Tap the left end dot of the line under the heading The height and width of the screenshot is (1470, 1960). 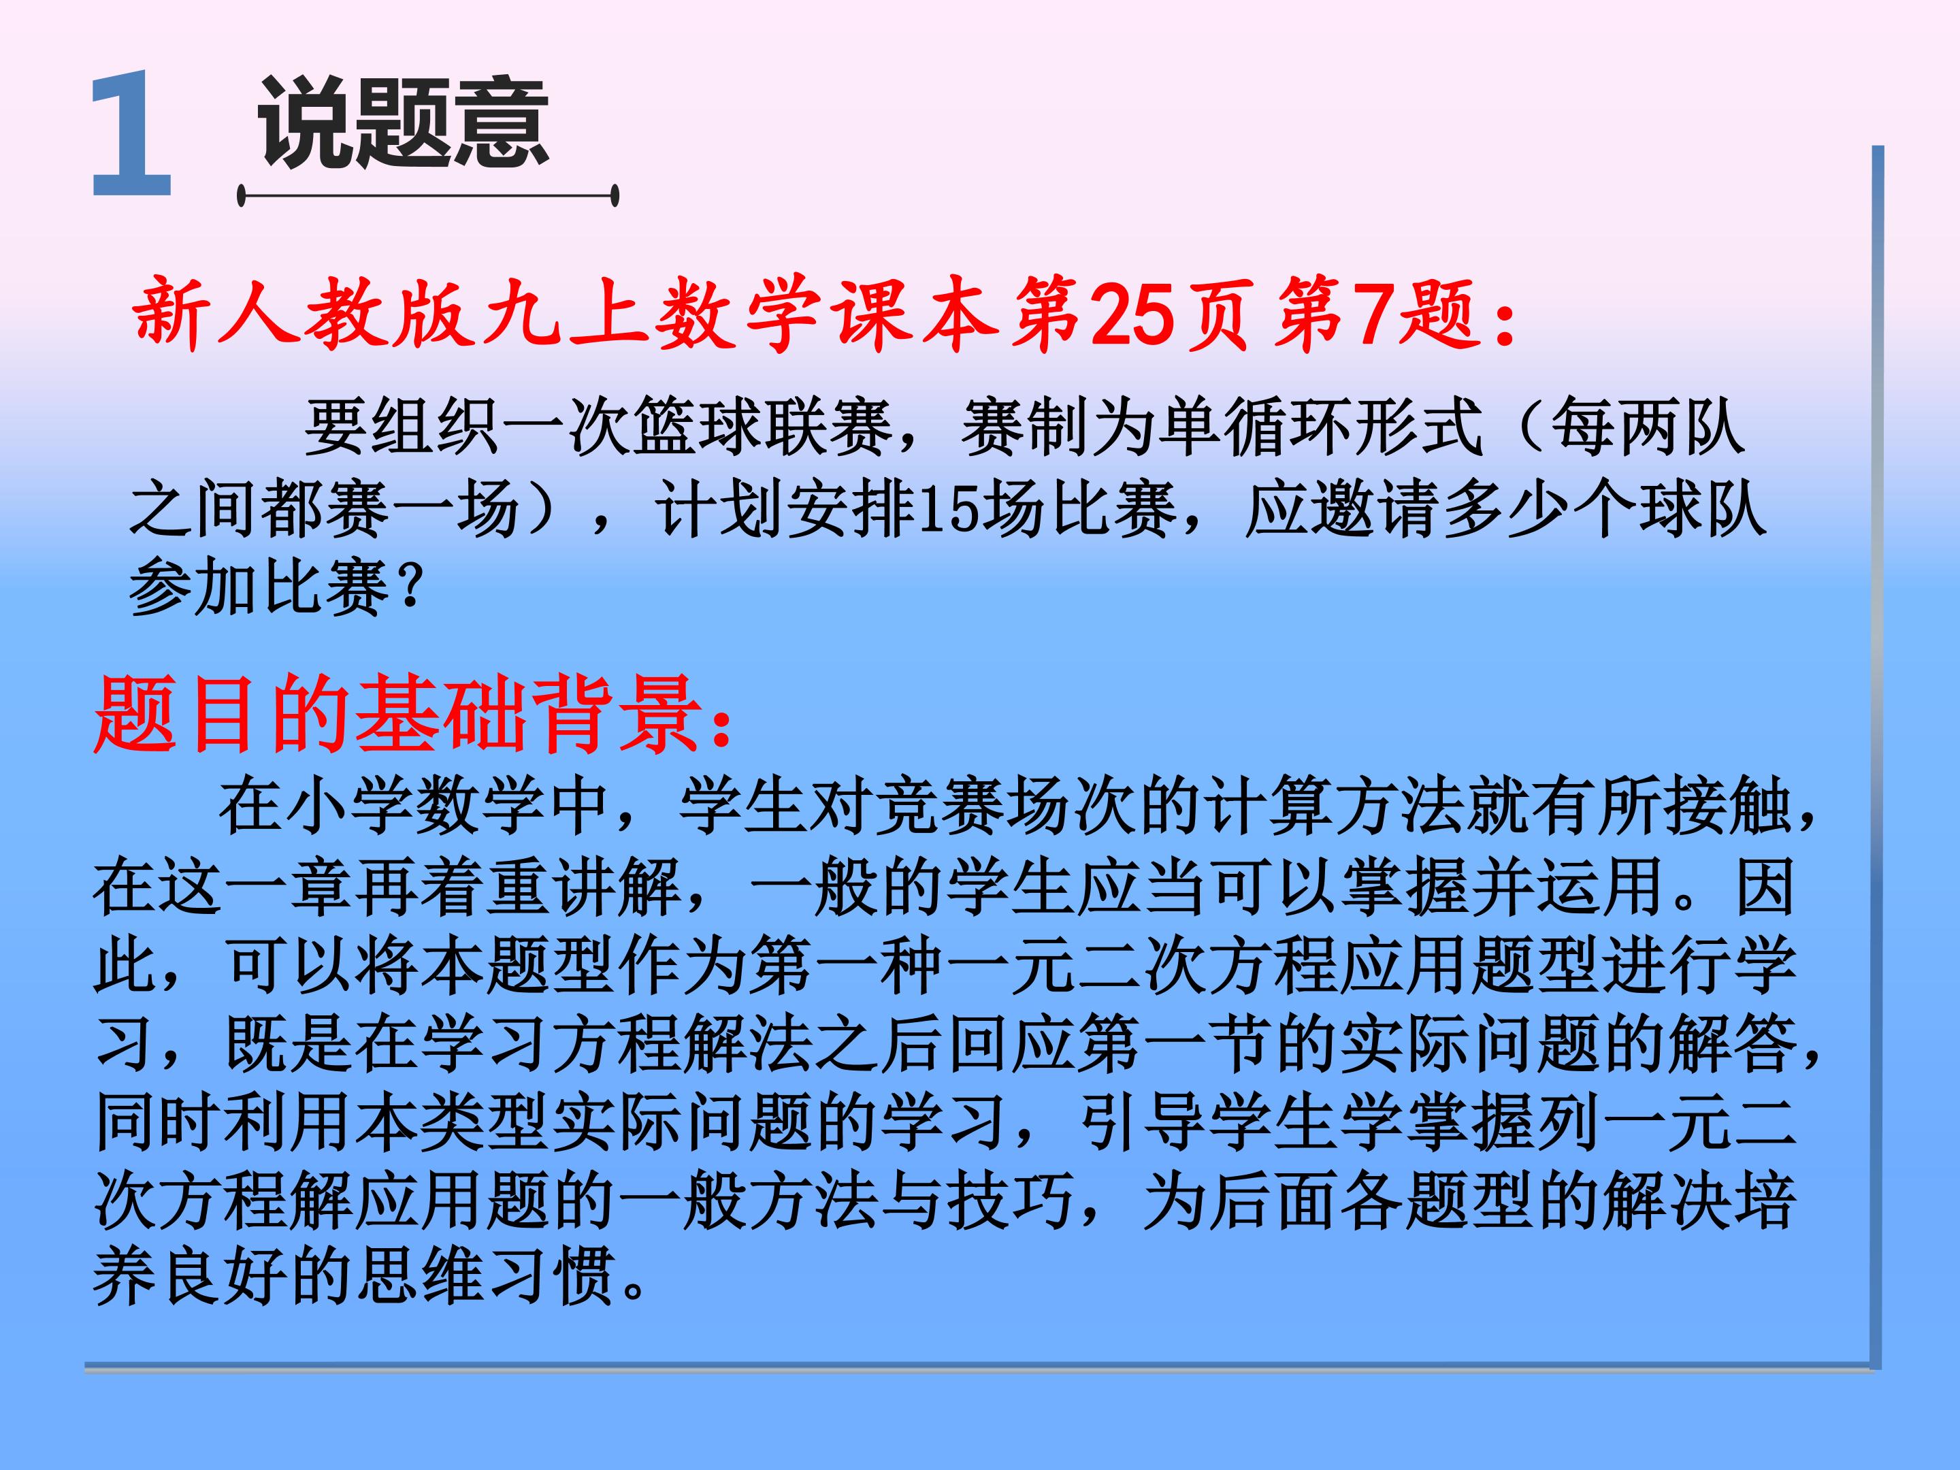[241, 196]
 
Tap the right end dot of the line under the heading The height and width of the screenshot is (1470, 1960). [615, 196]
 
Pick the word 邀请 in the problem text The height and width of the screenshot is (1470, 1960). [1378, 510]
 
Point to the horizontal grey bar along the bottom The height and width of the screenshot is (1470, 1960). [975, 1367]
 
